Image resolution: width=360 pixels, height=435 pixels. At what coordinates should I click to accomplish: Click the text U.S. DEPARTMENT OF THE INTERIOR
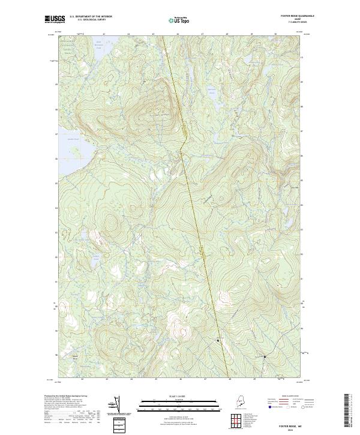91,16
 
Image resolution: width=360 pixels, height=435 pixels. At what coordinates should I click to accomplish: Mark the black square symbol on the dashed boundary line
218,341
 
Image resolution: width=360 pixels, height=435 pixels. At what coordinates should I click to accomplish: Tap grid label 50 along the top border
275,35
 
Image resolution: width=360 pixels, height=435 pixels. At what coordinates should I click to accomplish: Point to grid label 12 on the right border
302,58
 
